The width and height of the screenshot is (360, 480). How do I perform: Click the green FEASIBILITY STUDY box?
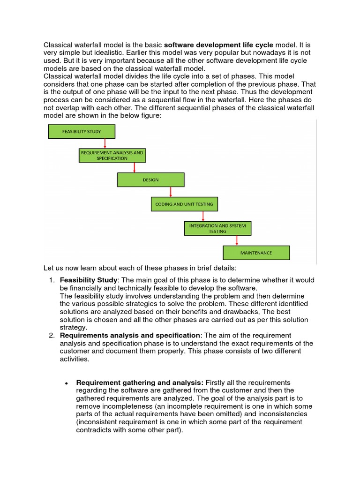point(82,132)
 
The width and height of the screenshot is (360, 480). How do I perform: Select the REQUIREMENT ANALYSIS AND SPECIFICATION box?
point(112,156)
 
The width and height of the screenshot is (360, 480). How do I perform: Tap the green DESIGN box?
point(150,180)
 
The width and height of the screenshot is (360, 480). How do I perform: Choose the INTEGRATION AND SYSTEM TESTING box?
point(217,228)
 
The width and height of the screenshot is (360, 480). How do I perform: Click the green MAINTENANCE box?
point(256,253)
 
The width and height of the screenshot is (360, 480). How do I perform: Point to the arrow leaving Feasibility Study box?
point(105,143)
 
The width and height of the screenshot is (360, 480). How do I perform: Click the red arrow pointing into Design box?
point(135,168)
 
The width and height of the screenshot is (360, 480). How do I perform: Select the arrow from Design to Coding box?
point(171,192)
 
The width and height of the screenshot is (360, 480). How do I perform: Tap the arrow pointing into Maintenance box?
point(237,240)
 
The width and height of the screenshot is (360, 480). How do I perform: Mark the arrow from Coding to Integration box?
point(203,216)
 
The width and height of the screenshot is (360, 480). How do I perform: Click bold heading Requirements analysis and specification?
point(130,336)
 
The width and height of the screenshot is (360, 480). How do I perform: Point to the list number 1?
point(52,280)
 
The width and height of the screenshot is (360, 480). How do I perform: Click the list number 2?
point(52,336)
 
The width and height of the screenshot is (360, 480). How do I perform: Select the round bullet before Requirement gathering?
point(67,383)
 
